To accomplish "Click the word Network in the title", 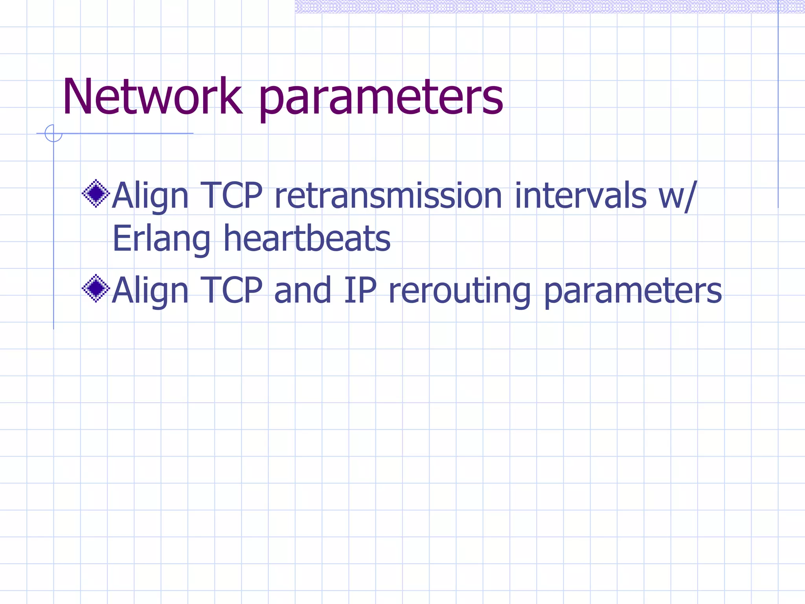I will point(152,97).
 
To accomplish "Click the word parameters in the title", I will point(380,98).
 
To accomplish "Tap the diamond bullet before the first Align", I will point(96,193).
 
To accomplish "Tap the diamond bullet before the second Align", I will point(96,288).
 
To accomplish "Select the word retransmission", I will point(388,195).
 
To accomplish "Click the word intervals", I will point(580,195).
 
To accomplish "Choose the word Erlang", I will point(161,239).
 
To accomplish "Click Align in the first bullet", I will point(150,196).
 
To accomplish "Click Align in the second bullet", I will point(150,291).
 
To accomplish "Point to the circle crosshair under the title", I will point(53,133).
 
